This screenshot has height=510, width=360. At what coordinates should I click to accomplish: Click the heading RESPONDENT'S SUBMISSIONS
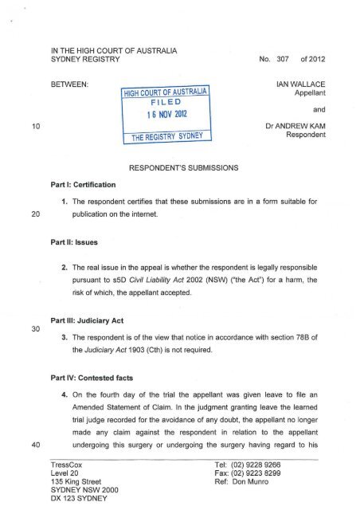point(182,168)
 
